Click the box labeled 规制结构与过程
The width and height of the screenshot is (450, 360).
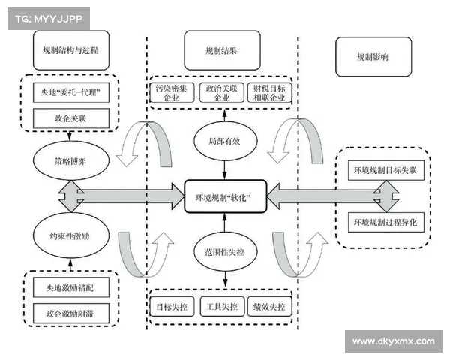(x=71, y=51)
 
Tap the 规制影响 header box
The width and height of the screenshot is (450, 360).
(x=373, y=56)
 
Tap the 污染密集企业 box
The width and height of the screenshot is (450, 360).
(x=172, y=93)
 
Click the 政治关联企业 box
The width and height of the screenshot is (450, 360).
(x=223, y=93)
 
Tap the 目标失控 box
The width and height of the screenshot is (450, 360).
(x=172, y=306)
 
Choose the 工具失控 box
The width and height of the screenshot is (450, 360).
(x=223, y=306)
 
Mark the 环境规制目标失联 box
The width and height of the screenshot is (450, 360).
(x=388, y=171)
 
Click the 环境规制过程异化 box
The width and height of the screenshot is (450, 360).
(x=388, y=222)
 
